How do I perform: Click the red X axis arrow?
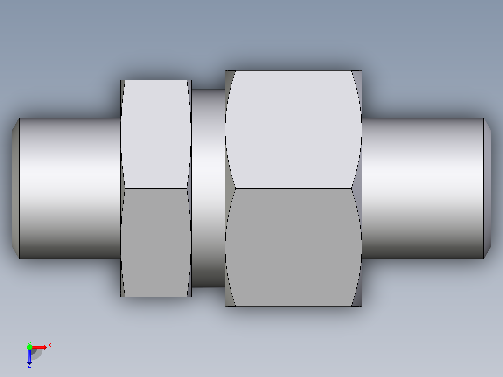pos(40,347)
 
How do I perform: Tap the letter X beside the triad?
pos(50,345)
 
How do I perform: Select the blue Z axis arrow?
pos(29,356)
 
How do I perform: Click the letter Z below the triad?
pos(29,365)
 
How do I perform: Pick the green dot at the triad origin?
pos(29,347)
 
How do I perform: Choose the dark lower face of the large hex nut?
pos(293,247)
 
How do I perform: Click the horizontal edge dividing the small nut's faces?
pos(156,188)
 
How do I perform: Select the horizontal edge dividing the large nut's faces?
pos(293,188)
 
